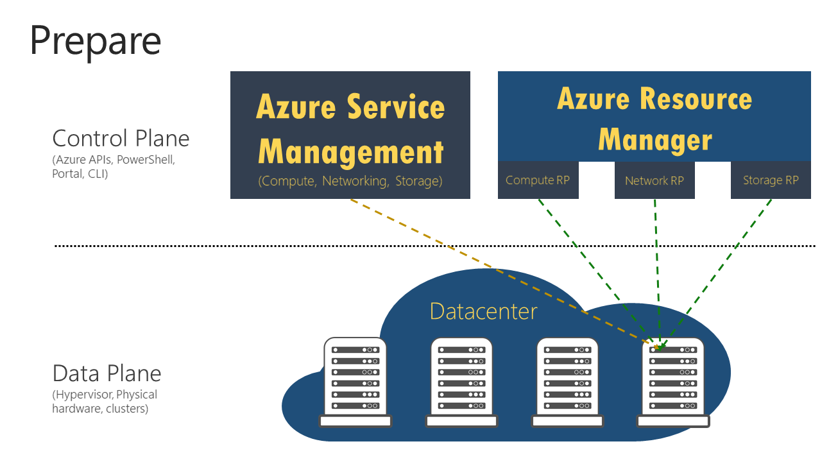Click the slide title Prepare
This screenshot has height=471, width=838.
point(95,40)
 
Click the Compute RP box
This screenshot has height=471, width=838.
point(538,180)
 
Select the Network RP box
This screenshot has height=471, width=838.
point(654,181)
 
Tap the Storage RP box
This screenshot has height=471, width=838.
point(771,180)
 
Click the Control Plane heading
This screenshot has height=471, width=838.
point(121,139)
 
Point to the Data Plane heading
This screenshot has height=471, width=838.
point(107,373)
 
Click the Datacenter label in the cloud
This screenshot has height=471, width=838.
point(483,311)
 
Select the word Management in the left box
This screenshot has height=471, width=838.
point(350,152)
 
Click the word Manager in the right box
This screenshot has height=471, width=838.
point(654,140)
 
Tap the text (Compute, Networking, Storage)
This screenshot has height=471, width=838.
point(350,181)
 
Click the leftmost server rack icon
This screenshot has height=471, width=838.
point(355,382)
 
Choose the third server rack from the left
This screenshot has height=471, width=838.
point(568,382)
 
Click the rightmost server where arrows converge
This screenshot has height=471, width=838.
point(673,382)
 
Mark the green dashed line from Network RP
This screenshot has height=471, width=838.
point(656,270)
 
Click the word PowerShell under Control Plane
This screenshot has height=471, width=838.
point(145,160)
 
